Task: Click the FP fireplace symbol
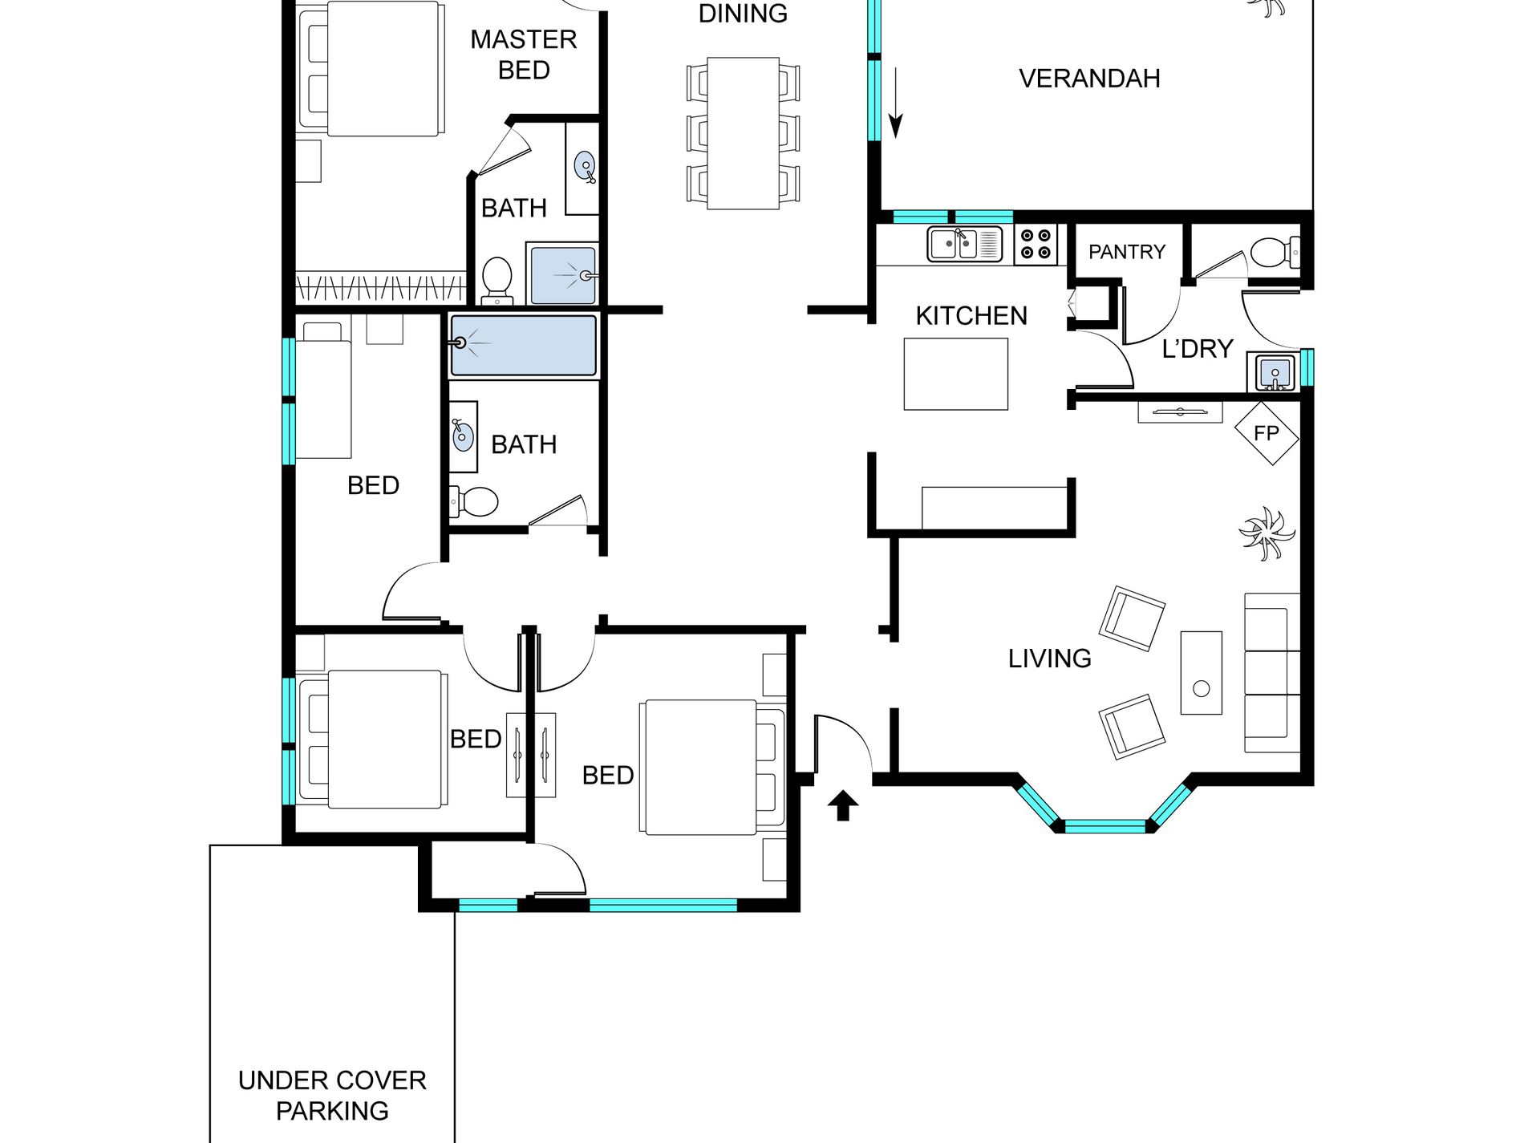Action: point(1266,433)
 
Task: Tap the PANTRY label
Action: point(1126,252)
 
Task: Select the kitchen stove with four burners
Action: point(1036,244)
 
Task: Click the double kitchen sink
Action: point(965,244)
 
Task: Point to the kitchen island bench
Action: point(955,374)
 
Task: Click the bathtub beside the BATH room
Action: point(524,345)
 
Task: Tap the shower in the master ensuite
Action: point(562,274)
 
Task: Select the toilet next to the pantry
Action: point(1275,252)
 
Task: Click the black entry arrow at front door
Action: point(842,805)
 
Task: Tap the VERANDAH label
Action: point(1089,79)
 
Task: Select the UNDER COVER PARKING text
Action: point(332,1095)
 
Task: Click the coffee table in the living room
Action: point(1201,672)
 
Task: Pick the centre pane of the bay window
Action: point(1105,826)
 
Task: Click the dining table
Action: point(743,133)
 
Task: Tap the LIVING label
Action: point(1049,659)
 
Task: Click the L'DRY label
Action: point(1197,349)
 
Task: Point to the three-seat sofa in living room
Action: point(1272,672)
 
